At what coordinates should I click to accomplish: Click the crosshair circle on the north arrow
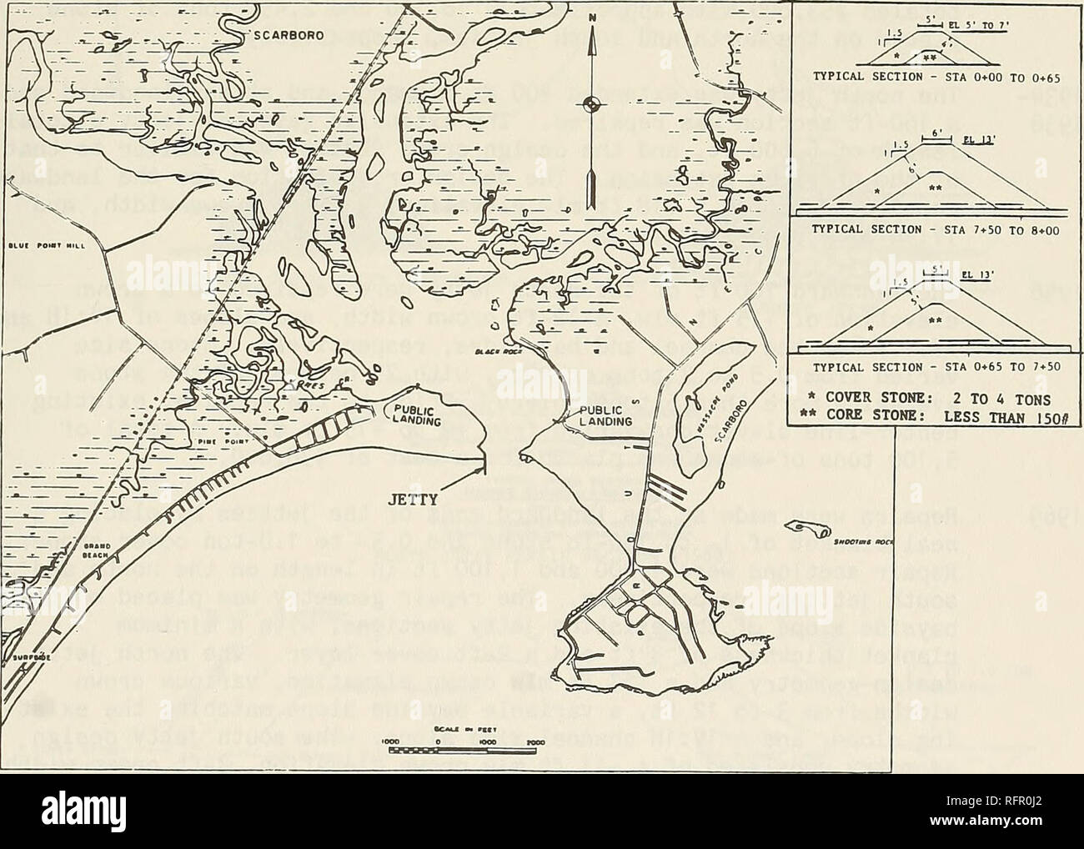pyautogui.click(x=592, y=104)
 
